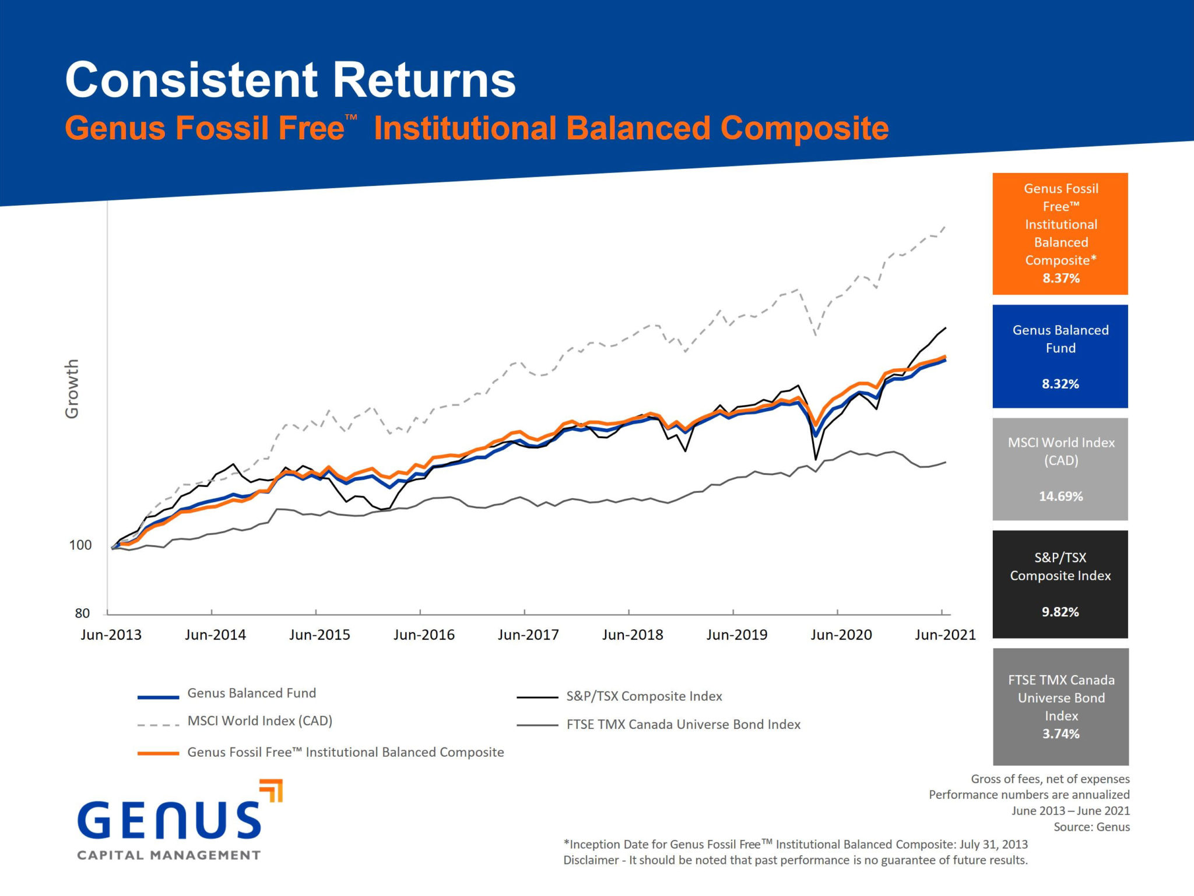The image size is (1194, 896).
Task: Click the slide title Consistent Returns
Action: coord(290,80)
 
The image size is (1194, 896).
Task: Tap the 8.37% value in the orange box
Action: coord(1061,278)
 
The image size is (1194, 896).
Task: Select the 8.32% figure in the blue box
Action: coord(1060,384)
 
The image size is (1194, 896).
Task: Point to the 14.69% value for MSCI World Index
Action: coord(1060,496)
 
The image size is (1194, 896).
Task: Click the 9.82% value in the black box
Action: coord(1060,612)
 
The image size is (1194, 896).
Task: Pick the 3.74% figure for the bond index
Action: coord(1061,733)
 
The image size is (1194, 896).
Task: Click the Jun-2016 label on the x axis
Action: coord(424,635)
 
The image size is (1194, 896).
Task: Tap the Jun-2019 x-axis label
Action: coord(737,635)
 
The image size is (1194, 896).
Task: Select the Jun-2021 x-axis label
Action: coord(945,635)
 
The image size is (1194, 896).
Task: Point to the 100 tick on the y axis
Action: coord(80,545)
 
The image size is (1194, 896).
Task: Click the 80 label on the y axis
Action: coord(82,613)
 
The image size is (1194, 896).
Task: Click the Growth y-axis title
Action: coord(72,389)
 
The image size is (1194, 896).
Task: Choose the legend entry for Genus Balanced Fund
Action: coord(251,693)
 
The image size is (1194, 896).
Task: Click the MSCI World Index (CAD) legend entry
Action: coord(259,721)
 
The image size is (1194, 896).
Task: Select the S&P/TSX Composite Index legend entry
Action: coord(644,696)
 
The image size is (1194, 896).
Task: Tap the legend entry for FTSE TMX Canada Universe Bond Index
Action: coord(683,725)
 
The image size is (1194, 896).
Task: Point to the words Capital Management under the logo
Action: coord(168,855)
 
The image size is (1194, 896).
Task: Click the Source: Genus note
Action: coord(1091,827)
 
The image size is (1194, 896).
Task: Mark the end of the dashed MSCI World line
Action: coord(945,227)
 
